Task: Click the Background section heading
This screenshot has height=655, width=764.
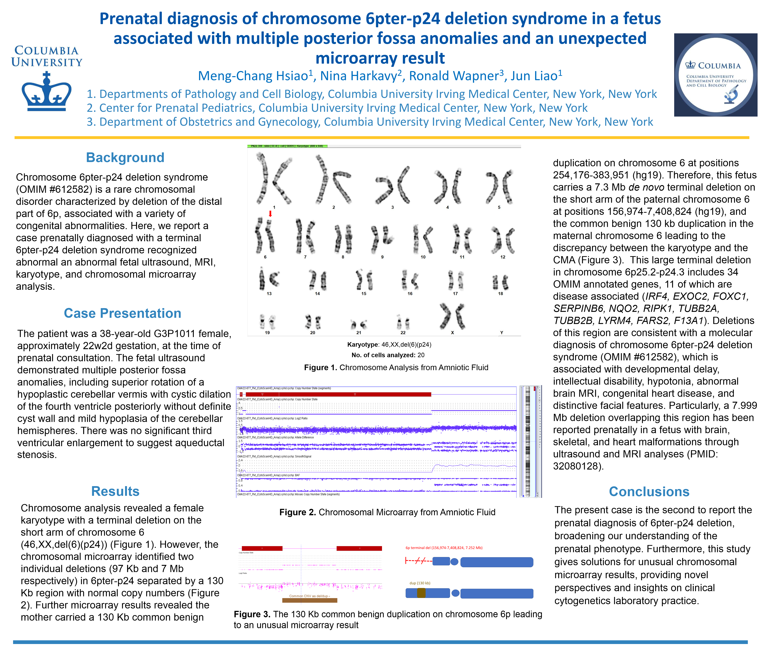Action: point(125,157)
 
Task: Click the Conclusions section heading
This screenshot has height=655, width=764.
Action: point(649,492)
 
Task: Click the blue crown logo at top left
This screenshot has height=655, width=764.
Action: point(46,92)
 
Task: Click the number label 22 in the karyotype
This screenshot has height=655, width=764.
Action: point(403,333)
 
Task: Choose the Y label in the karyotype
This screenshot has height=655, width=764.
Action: point(501,333)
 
